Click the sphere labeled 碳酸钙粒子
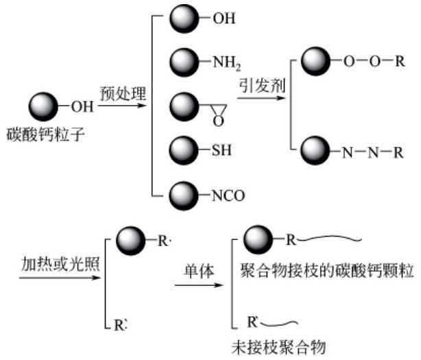click(x=43, y=107)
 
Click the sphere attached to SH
click(x=183, y=148)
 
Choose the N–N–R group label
click(x=367, y=151)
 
